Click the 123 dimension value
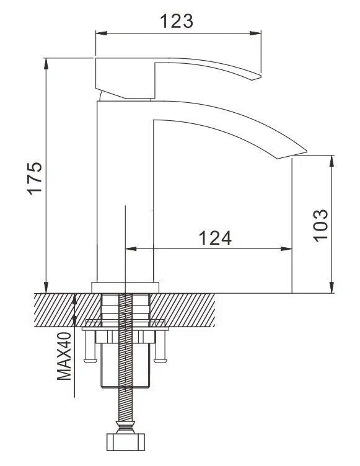click(177, 21)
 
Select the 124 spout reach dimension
click(215, 238)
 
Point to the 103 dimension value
click(320, 226)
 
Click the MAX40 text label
click(64, 356)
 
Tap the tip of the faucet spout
click(306, 151)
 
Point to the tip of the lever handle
click(260, 77)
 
